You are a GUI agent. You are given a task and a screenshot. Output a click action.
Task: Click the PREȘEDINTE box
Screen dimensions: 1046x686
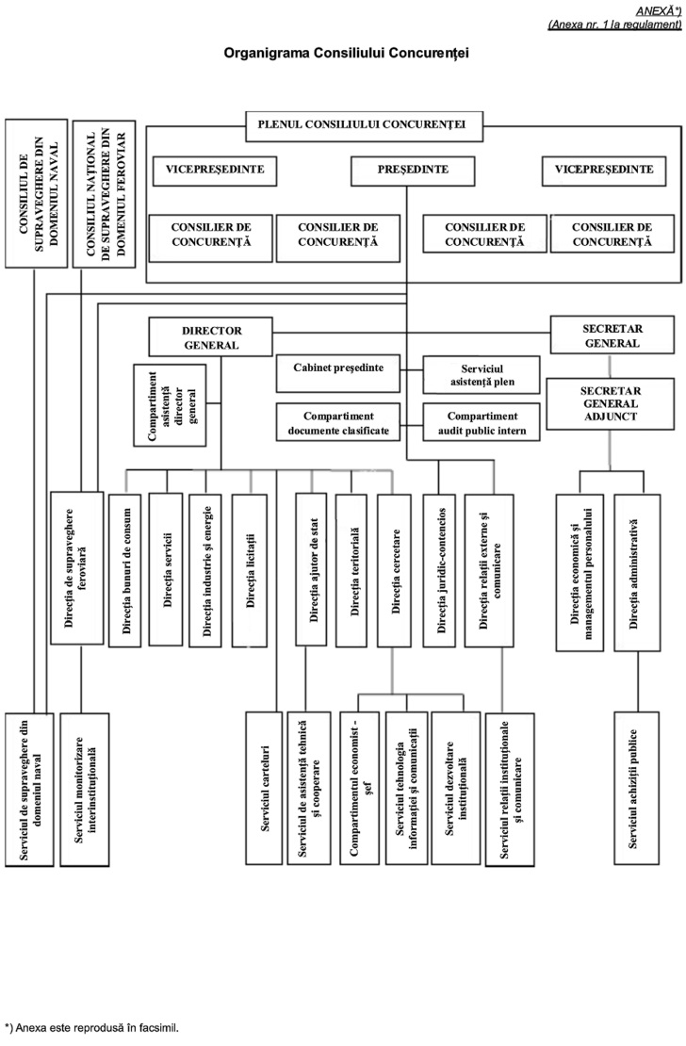coord(406,171)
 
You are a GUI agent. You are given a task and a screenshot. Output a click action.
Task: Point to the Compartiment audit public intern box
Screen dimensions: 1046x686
coord(480,419)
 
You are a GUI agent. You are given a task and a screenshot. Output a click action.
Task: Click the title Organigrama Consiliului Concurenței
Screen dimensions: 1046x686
coord(346,54)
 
